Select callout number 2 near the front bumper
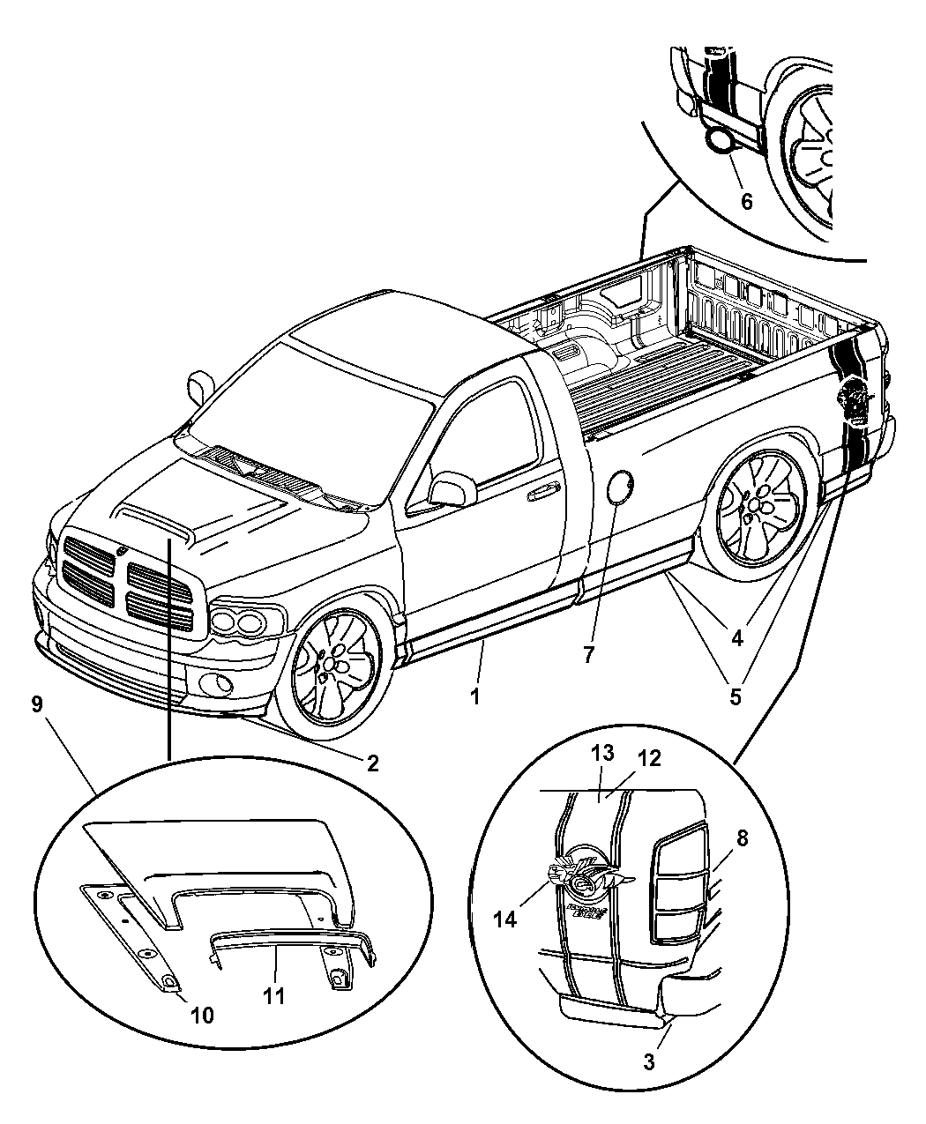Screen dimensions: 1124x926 pos(373,763)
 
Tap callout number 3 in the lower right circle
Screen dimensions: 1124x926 pos(649,1062)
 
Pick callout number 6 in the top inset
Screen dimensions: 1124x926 pos(746,201)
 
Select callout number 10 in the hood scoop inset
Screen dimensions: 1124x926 pos(202,1016)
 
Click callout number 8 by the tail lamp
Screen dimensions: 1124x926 pos(742,838)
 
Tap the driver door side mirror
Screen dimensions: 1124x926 pos(452,489)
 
